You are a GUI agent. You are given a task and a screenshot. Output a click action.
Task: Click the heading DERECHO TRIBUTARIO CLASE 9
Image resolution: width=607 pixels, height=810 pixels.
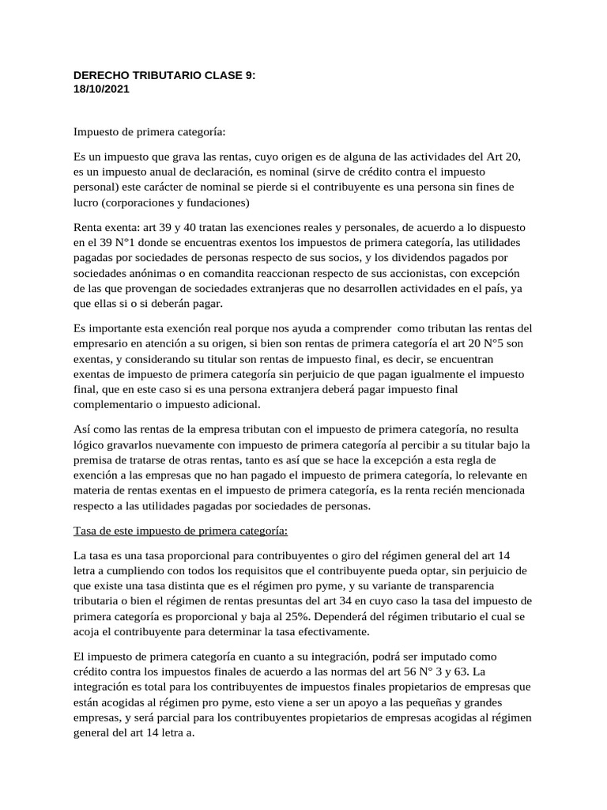click(x=164, y=76)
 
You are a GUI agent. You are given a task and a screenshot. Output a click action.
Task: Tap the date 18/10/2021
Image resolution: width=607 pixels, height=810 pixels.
click(x=101, y=89)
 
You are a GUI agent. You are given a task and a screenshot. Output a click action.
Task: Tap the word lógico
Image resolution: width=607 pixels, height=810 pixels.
click(x=89, y=445)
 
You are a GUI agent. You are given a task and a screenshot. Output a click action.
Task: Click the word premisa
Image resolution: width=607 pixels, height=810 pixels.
click(x=93, y=460)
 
